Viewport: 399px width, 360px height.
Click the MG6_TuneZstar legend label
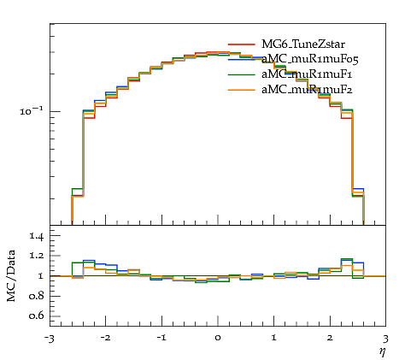[303, 44]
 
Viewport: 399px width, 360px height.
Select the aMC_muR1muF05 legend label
[310, 59]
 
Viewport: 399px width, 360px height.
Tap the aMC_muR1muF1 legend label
[307, 74]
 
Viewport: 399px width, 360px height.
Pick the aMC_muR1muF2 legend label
[307, 90]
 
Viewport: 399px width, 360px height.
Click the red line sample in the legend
[241, 44]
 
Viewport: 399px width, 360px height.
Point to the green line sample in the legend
[241, 74]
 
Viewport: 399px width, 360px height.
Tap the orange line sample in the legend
[241, 90]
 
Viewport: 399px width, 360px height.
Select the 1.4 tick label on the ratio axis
[36, 236]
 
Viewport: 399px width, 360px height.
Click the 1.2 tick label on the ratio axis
[36, 256]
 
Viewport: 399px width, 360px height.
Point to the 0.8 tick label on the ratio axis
[36, 296]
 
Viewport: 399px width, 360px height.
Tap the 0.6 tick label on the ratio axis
[36, 316]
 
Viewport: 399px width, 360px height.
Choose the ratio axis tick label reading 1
[40, 276]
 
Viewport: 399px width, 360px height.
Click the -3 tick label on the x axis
[49, 339]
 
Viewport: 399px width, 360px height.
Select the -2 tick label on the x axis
[105, 338]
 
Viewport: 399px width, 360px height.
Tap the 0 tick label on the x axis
[218, 338]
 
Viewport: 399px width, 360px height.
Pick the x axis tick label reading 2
[330, 338]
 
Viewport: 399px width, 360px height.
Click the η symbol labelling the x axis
[383, 351]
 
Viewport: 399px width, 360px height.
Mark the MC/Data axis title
[11, 276]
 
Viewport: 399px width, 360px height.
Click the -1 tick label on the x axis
[161, 338]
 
